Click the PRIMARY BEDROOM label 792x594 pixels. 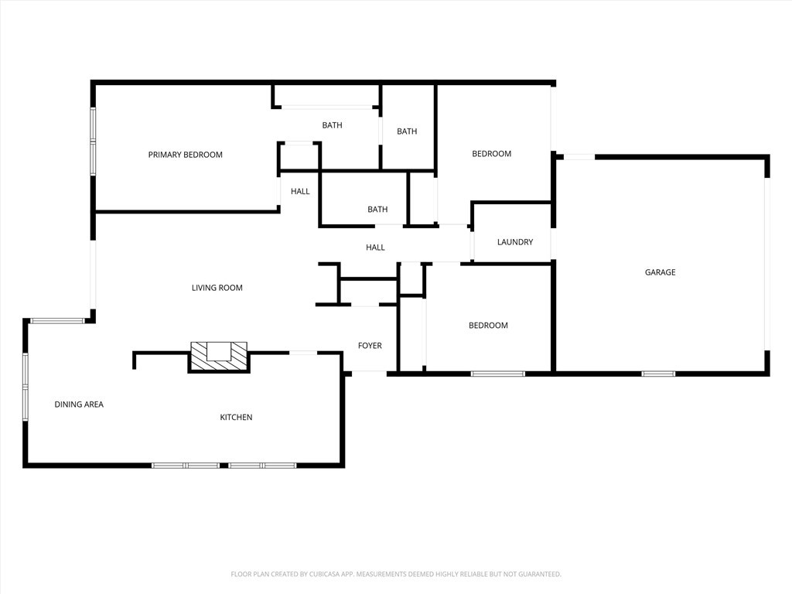[185, 155]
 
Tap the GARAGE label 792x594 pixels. [660, 272]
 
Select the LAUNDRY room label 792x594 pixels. [514, 242]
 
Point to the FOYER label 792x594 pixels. [369, 346]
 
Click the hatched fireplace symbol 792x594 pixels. [219, 356]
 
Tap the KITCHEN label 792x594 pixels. [236, 418]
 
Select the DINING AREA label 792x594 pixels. [78, 405]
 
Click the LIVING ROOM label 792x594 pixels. [217, 288]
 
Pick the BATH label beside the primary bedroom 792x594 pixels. [332, 125]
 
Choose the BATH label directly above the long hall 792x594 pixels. [377, 210]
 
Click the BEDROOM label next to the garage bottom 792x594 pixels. [488, 326]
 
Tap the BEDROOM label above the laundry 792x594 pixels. [491, 154]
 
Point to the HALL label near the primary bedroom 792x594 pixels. [300, 192]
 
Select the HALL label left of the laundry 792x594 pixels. [375, 247]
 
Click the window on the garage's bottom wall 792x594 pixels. [657, 374]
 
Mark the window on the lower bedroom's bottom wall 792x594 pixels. [497, 374]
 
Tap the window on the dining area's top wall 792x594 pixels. [57, 320]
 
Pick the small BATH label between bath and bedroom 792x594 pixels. [407, 131]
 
